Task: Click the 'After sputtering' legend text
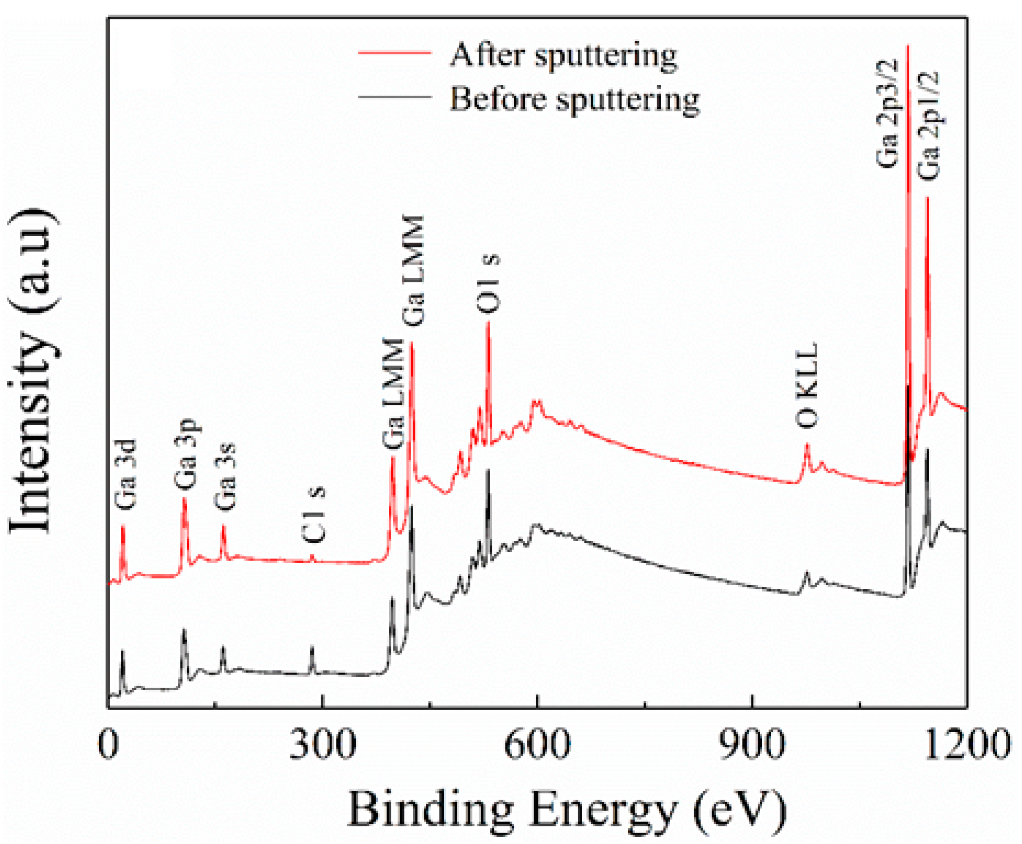pos(563,56)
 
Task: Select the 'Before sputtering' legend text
pos(575,100)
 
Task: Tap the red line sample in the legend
pos(395,52)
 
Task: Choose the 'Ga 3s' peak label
pos(225,477)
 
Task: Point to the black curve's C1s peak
pos(312,648)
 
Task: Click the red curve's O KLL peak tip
pos(806,445)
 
